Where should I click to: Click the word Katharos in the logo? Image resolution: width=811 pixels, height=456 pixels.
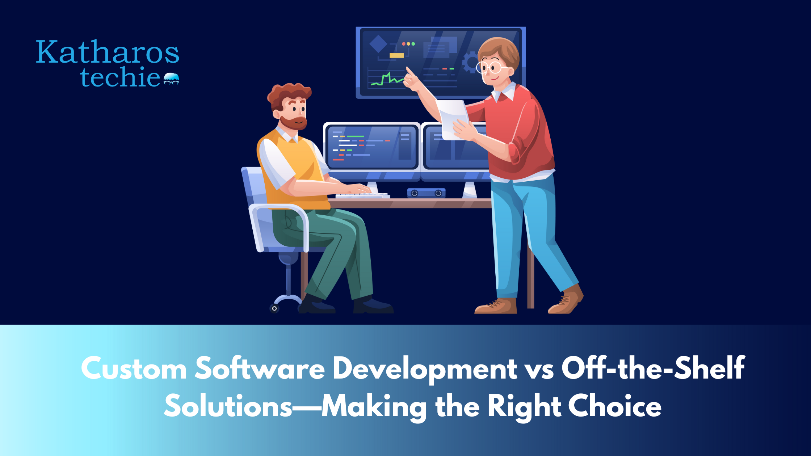click(108, 52)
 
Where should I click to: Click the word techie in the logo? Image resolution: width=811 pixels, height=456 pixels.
click(120, 77)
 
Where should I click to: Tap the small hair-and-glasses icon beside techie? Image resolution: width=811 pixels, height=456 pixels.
click(171, 79)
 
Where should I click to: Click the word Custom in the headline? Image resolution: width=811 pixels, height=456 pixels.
click(134, 369)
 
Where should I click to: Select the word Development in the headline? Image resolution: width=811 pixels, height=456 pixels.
click(425, 369)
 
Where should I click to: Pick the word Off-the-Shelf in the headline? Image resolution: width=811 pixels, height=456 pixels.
click(653, 368)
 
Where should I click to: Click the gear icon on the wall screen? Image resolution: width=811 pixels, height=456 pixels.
click(471, 62)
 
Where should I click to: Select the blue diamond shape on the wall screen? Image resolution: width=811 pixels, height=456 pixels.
click(378, 45)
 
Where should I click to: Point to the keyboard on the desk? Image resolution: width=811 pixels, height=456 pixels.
click(362, 196)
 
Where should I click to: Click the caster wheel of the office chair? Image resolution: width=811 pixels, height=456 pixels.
click(274, 308)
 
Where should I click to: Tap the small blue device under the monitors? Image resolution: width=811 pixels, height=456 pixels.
click(426, 193)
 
